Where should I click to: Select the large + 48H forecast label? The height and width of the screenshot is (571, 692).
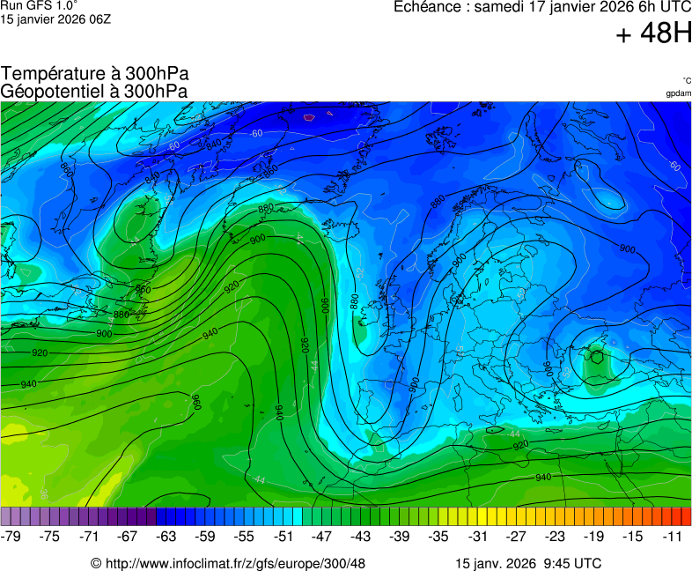pos(653,34)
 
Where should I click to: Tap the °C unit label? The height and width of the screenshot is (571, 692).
pos(687,81)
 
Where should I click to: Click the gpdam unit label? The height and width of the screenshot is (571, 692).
pos(679,93)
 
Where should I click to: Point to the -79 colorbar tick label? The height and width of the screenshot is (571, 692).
pos(11,536)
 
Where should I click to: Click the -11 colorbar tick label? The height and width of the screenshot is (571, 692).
pos(674,536)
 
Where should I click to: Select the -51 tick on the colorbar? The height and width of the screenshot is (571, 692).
pos(283,536)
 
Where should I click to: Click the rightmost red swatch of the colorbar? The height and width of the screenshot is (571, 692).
pos(687,517)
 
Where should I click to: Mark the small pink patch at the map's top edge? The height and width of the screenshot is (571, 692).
pos(308,115)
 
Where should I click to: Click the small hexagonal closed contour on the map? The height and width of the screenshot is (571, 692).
pos(598,357)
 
